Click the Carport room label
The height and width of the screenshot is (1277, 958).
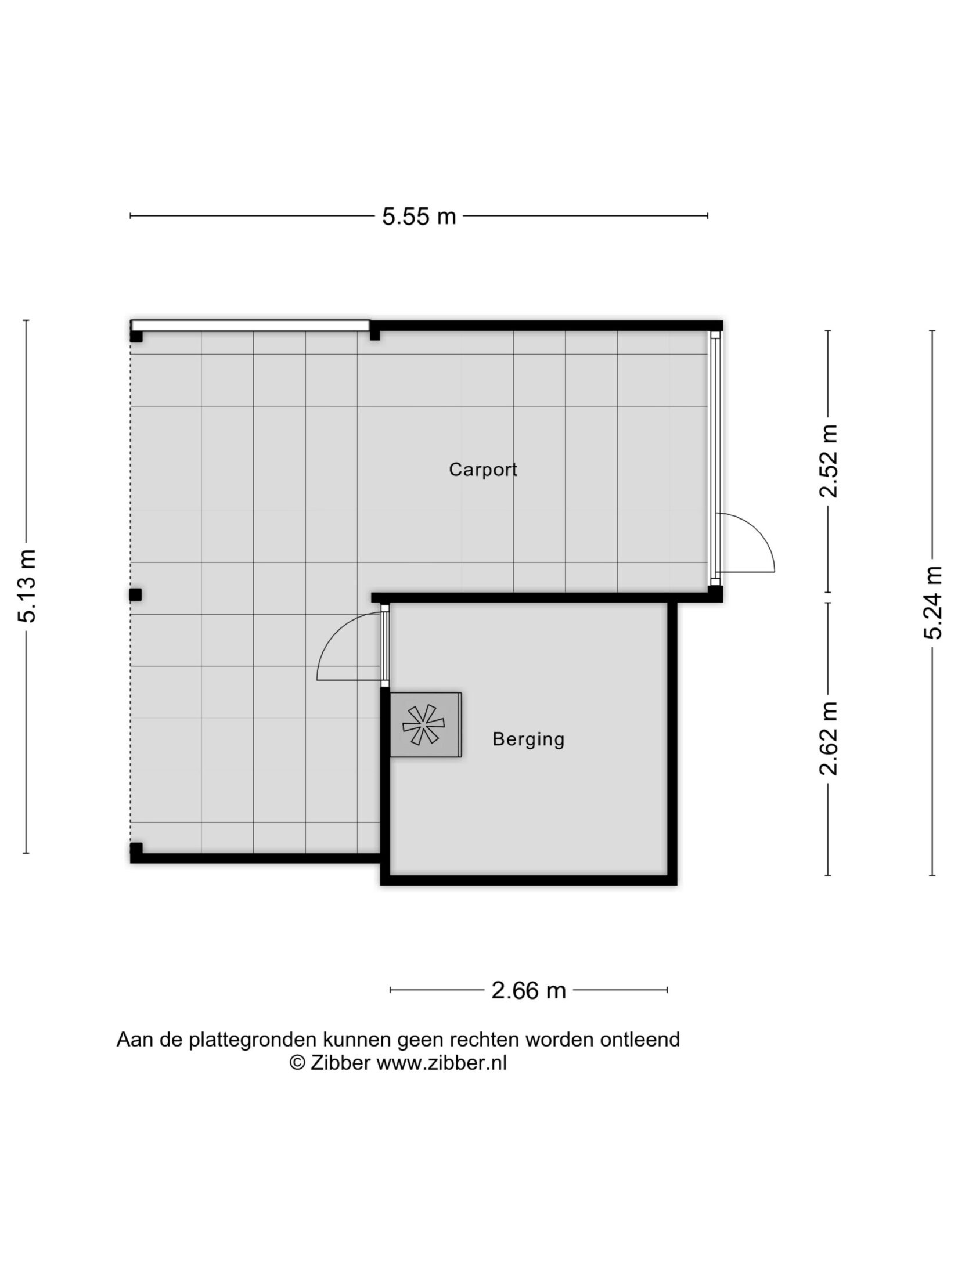click(x=482, y=470)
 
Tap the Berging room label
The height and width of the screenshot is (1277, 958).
click(x=528, y=739)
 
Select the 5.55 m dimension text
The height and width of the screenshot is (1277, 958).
click(x=419, y=217)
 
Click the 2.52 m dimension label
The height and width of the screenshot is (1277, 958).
click(x=829, y=461)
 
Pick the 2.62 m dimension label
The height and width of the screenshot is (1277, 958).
click(x=829, y=738)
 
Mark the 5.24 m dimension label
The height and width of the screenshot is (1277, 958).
click(x=932, y=602)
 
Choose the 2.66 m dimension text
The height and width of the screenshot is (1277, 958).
click(x=528, y=990)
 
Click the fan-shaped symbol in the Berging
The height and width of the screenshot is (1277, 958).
click(x=424, y=725)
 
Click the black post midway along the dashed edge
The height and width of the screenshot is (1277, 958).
click(x=136, y=594)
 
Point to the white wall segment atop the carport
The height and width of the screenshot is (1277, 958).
click(x=250, y=325)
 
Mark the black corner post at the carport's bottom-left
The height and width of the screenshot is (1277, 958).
click(x=136, y=853)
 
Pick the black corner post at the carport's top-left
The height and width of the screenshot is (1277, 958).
click(x=136, y=336)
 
